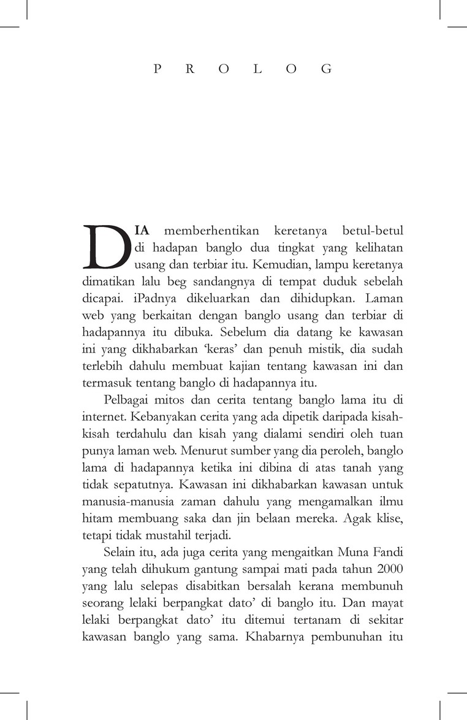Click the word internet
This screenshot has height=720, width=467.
[102, 418]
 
